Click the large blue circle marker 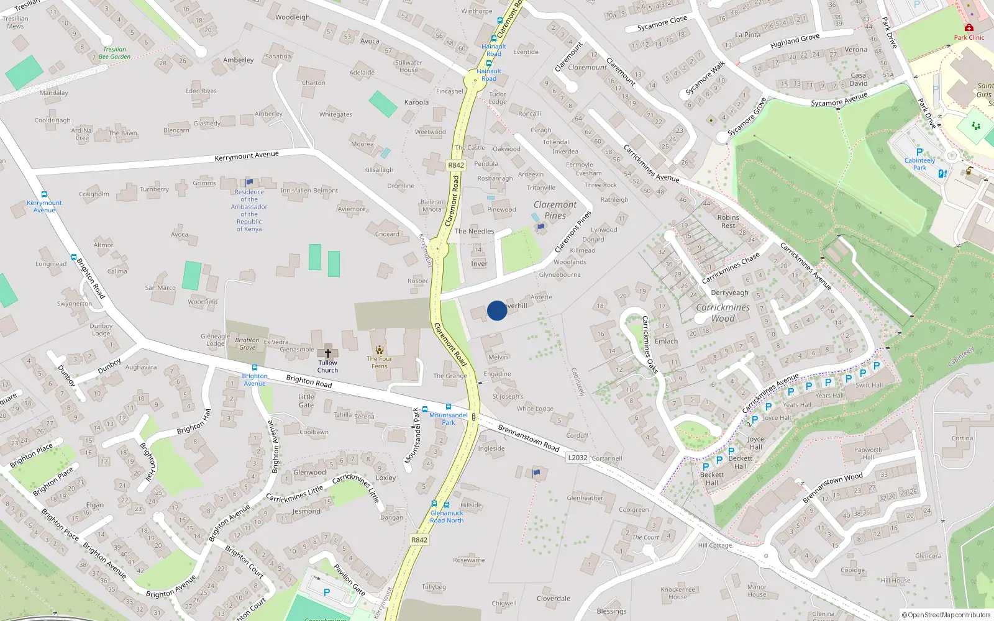(496, 310)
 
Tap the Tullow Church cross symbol (328, 353)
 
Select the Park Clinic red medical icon (969, 28)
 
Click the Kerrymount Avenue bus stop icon (44, 194)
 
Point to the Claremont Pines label (555, 210)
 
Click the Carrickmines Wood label (723, 313)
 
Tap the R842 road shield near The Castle (456, 165)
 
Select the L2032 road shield (578, 458)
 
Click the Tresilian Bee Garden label (114, 53)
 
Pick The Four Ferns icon (380, 350)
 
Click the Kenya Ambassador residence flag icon (249, 182)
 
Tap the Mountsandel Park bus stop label (448, 419)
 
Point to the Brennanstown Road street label (528, 438)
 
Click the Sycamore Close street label (662, 24)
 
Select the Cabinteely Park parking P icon (919, 152)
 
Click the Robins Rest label (728, 221)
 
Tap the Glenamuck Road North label (447, 517)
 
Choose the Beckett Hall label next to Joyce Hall (740, 462)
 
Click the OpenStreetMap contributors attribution (946, 615)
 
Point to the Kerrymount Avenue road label (247, 156)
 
